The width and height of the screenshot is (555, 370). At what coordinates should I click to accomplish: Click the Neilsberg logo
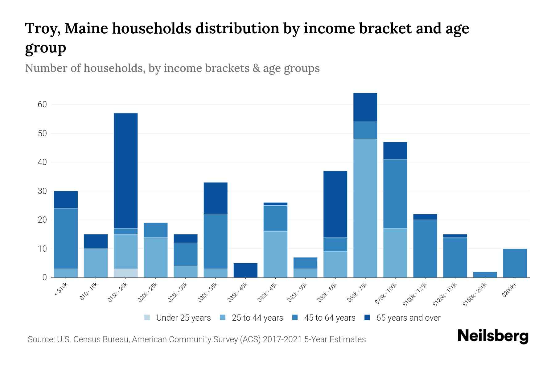pos(493,336)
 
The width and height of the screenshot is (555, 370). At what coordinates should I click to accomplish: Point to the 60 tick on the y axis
pos(42,105)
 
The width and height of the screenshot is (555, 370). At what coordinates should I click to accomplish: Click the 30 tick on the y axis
pos(42,191)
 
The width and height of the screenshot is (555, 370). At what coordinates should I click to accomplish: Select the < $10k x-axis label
pos(61,290)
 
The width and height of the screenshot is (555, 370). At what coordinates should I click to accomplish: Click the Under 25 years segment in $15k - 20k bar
pos(125,273)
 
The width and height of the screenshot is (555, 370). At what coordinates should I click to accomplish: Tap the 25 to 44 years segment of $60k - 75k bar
pos(365,208)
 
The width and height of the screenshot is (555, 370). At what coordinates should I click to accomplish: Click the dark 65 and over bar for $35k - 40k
pos(245,270)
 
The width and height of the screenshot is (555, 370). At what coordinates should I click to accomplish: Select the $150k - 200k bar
pos(485,275)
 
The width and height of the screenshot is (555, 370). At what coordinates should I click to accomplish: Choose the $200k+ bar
pos(515,263)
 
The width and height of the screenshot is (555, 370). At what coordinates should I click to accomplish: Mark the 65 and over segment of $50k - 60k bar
pos(335,204)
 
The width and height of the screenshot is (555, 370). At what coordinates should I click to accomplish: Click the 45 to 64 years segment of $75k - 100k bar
pos(395,194)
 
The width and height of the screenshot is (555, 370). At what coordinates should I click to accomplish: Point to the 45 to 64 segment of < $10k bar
pos(66,238)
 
